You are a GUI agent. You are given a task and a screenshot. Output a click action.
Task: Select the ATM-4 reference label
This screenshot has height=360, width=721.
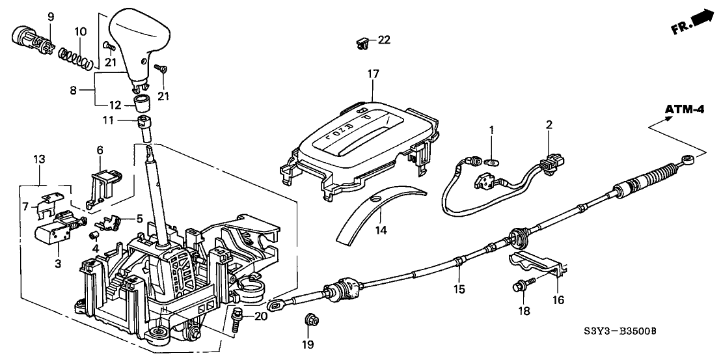684,110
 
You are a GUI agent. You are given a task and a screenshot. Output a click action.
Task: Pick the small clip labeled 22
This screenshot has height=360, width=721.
362,44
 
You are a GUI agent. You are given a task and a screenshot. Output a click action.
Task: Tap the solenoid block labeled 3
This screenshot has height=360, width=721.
51,233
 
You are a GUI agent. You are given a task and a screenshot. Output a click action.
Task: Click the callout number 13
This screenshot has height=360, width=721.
39,160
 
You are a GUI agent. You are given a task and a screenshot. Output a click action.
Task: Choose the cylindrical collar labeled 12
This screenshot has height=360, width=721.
143,102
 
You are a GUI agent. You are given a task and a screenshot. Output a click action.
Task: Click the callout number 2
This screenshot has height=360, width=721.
549,124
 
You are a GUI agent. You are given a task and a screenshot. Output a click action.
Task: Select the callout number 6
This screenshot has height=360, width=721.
100,150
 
